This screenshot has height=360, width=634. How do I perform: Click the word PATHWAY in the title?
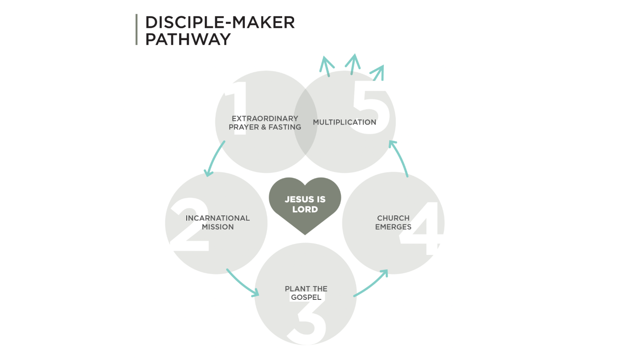188,39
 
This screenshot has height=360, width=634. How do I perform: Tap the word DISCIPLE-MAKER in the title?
220,22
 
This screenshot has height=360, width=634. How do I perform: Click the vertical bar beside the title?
137,30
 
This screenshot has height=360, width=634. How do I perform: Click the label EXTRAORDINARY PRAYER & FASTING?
264,123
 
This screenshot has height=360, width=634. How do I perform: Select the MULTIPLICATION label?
345,122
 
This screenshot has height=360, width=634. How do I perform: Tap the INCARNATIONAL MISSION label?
218,222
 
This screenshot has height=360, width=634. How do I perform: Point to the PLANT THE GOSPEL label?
306,293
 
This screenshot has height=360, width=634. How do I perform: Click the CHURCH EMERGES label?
393,222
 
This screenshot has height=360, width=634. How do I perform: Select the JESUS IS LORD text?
305,204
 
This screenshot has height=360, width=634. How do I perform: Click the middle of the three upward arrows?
353,64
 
